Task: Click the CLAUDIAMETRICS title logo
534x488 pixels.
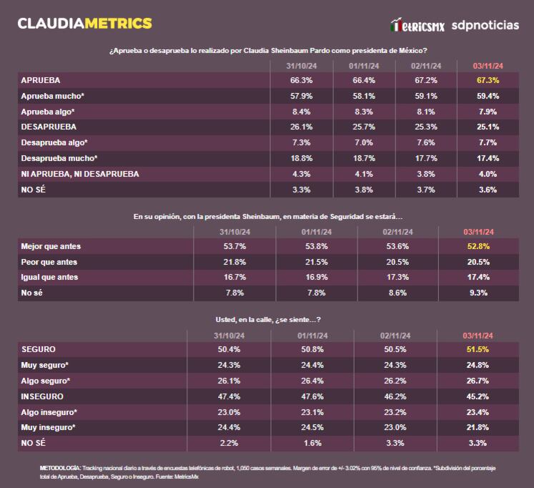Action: (84, 23)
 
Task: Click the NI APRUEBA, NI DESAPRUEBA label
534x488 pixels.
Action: (79, 174)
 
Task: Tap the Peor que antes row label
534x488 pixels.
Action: (49, 262)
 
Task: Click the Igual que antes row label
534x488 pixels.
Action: (49, 277)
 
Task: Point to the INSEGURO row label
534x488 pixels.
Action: (42, 396)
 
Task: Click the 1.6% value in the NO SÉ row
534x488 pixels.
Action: (312, 443)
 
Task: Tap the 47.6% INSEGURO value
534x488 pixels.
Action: (312, 396)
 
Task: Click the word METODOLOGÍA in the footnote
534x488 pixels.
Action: (61, 467)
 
